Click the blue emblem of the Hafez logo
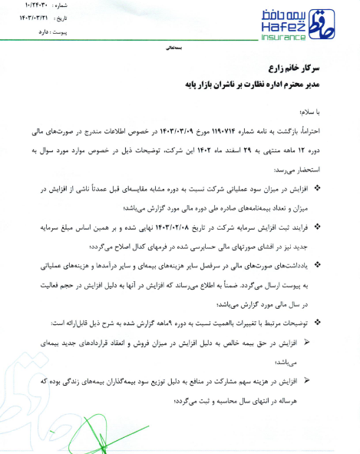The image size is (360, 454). tap(335, 23)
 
